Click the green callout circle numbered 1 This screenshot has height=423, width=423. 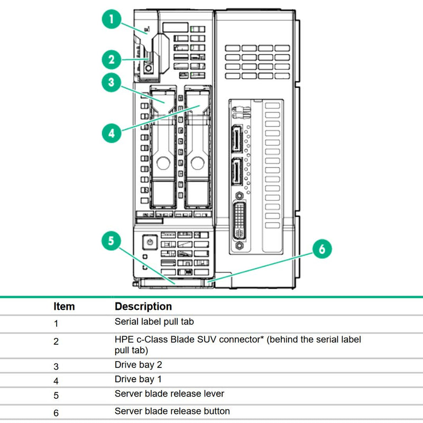[x=112, y=20]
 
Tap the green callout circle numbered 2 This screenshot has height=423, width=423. [x=112, y=60]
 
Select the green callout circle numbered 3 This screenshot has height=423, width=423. [x=112, y=82]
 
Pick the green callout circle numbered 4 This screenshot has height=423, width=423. [x=112, y=133]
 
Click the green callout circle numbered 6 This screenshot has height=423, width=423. [x=322, y=249]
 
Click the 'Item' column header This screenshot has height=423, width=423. [x=64, y=307]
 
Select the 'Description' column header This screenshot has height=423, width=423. [x=143, y=307]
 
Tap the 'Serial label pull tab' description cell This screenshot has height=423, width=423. [x=157, y=321]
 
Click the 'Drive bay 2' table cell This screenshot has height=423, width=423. [x=138, y=365]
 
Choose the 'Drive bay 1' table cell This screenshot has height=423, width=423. [x=138, y=379]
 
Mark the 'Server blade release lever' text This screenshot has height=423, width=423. [x=169, y=394]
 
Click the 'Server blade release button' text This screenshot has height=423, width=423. [x=172, y=411]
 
